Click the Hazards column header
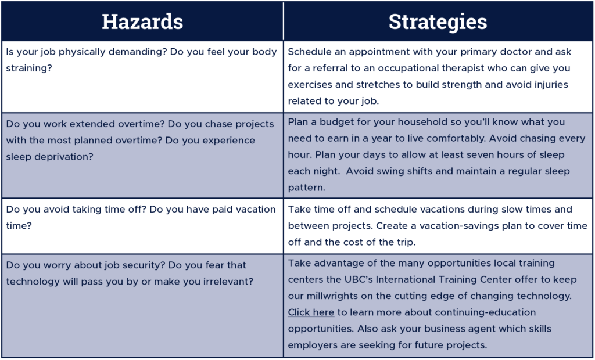coord(142,21)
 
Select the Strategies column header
coord(438,21)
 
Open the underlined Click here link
coord(311,312)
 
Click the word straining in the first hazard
coord(29,69)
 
